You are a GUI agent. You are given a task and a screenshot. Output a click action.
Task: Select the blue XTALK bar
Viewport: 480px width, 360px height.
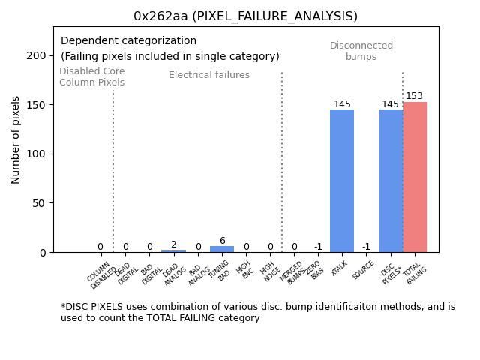(x=342, y=181)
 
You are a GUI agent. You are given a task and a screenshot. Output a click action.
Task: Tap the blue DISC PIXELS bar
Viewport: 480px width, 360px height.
(x=390, y=181)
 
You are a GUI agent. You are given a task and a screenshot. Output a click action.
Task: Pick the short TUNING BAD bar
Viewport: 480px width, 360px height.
(x=222, y=249)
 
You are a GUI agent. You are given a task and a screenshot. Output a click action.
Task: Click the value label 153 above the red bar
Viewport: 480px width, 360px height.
(x=414, y=96)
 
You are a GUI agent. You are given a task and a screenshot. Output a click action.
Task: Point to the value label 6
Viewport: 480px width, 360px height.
(x=222, y=241)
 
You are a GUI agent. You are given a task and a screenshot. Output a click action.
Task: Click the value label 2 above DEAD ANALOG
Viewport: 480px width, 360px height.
(x=173, y=244)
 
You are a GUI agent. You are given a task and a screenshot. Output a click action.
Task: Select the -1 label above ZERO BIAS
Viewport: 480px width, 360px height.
(x=318, y=247)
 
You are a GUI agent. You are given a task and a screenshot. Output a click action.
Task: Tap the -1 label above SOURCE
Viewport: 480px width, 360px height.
(x=366, y=247)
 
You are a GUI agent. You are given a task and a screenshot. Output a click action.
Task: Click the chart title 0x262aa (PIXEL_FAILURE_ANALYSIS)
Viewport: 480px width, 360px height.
(x=245, y=16)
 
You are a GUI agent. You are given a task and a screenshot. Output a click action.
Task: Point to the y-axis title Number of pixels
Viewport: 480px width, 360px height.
(x=16, y=139)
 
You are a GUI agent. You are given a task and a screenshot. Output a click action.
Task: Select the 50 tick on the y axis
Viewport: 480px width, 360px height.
(x=37, y=203)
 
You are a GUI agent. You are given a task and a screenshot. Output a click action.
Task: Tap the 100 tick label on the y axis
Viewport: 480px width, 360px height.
(x=34, y=154)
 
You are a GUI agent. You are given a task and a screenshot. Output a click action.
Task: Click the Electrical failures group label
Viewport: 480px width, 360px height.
(x=209, y=75)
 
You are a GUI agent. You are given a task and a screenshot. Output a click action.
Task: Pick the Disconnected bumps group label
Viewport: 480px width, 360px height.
(x=361, y=51)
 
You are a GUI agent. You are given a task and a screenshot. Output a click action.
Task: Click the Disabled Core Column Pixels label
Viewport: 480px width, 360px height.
(x=92, y=76)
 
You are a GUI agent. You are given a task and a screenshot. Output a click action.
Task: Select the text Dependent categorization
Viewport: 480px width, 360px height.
(x=128, y=41)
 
